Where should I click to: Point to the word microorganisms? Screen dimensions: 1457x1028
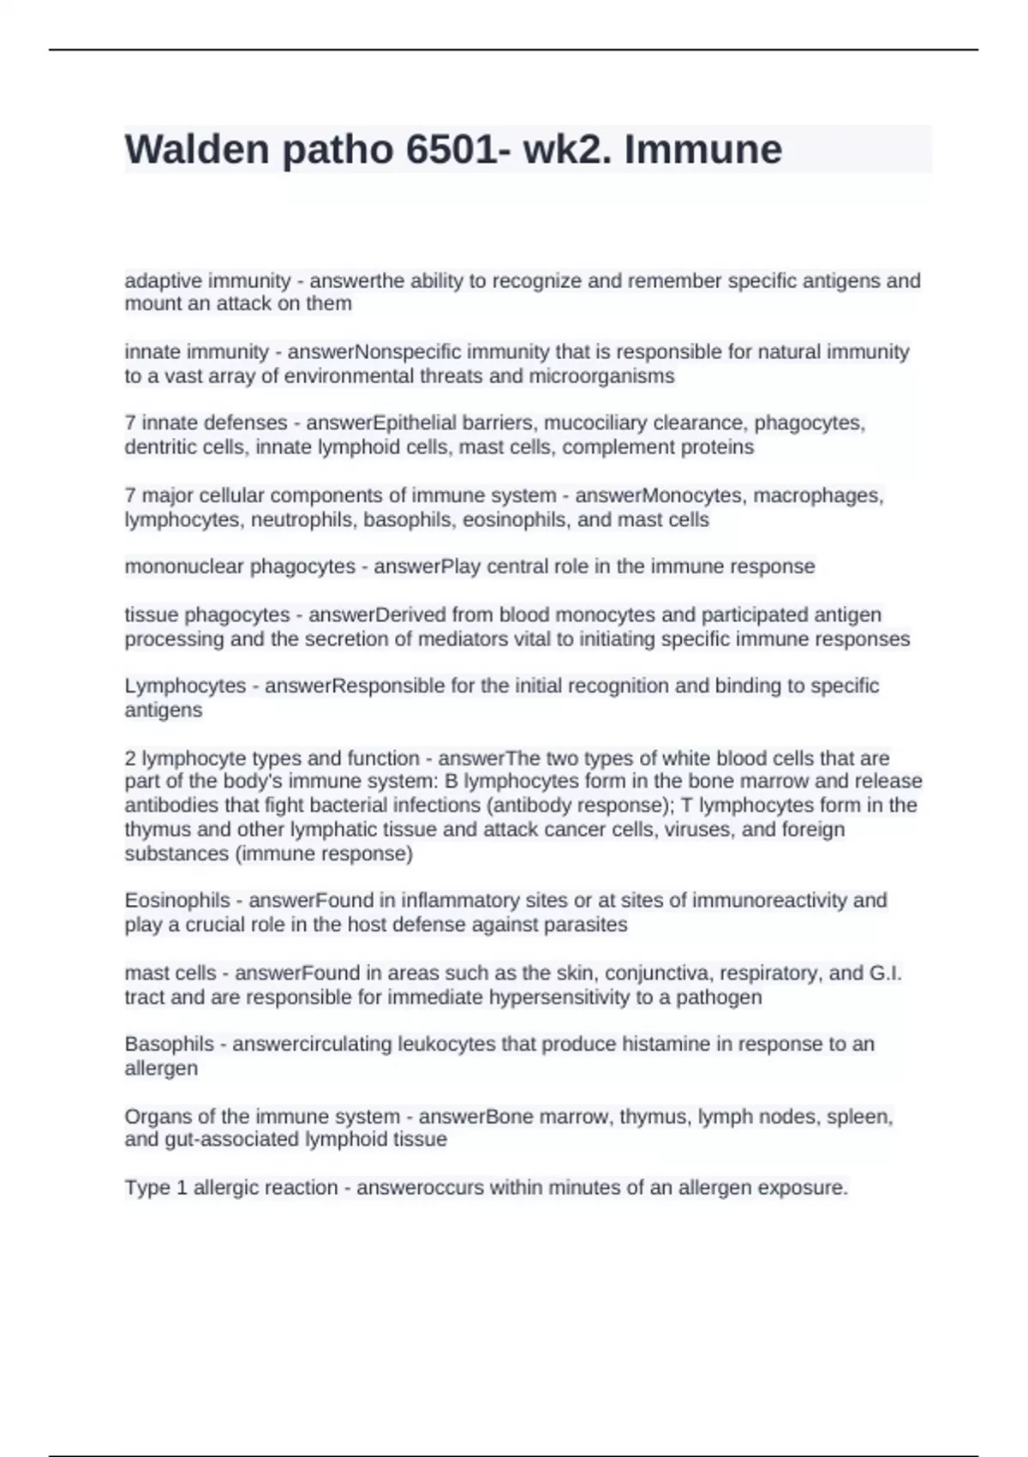click(601, 376)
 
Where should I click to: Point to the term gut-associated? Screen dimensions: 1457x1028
click(220, 1140)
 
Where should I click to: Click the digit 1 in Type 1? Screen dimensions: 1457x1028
click(182, 1188)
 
